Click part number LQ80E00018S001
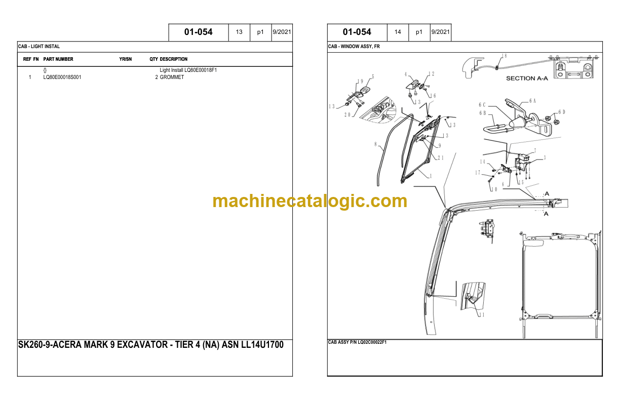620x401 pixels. click(62, 77)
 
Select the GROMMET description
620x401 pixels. click(172, 77)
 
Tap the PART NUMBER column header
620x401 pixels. click(58, 59)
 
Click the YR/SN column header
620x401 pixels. click(126, 59)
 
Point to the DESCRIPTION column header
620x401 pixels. click(174, 59)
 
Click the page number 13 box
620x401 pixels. click(239, 32)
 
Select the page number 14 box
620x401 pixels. click(398, 32)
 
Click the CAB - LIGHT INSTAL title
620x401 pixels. click(38, 47)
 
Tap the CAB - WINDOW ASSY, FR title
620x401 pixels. click(354, 47)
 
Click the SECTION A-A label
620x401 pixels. click(527, 78)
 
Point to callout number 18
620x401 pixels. click(504, 56)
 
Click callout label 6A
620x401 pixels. click(532, 101)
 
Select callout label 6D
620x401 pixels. click(562, 112)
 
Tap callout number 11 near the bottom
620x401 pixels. click(482, 314)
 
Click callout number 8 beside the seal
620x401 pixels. click(375, 144)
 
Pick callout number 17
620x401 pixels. click(478, 173)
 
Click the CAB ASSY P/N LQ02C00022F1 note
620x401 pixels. click(357, 342)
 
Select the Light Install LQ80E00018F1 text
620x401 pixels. click(188, 70)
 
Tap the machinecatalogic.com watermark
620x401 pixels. click(309, 202)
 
